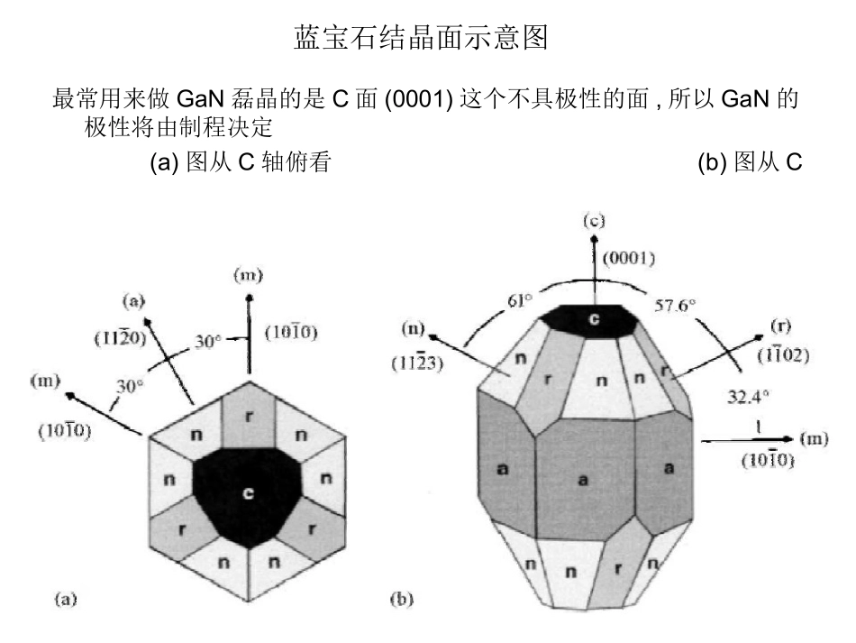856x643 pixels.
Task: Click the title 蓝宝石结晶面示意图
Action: tap(427, 39)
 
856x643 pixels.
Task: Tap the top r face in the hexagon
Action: tap(249, 417)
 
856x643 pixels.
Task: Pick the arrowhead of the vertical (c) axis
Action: tap(593, 240)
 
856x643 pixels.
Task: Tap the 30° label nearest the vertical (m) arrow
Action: tap(210, 343)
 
